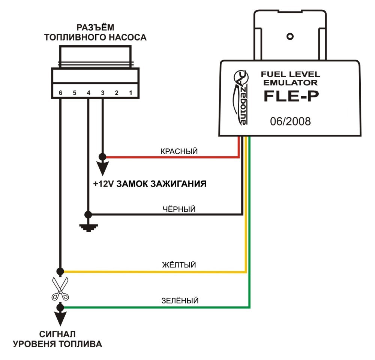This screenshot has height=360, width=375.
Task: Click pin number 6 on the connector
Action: pyautogui.click(x=60, y=93)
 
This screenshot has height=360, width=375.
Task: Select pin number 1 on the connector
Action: pyautogui.click(x=130, y=93)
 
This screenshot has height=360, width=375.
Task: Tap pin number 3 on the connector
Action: pyautogui.click(x=103, y=93)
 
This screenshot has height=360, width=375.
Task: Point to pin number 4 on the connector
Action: pyautogui.click(x=88, y=93)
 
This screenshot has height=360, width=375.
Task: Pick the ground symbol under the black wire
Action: pyautogui.click(x=88, y=228)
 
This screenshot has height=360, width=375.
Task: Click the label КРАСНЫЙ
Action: pyautogui.click(x=179, y=151)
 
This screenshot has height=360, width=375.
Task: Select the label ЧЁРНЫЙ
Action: pyautogui.click(x=179, y=209)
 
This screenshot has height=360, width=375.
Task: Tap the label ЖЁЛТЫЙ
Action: pyautogui.click(x=179, y=264)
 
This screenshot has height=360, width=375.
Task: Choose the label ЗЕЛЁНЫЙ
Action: pyautogui.click(x=180, y=300)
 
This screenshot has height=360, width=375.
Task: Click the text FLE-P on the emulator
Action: pyautogui.click(x=291, y=96)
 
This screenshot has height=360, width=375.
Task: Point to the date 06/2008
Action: pyautogui.click(x=290, y=121)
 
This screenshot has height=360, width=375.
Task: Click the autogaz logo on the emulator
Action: pyautogui.click(x=241, y=97)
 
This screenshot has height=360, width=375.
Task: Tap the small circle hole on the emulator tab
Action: pyautogui.click(x=290, y=37)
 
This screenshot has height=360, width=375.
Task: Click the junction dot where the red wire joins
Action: pyautogui.click(x=103, y=157)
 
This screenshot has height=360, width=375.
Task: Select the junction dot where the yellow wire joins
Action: pyautogui.click(x=60, y=271)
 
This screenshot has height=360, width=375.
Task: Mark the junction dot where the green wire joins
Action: pyautogui.click(x=60, y=307)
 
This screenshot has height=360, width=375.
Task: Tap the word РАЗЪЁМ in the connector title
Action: pyautogui.click(x=95, y=27)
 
